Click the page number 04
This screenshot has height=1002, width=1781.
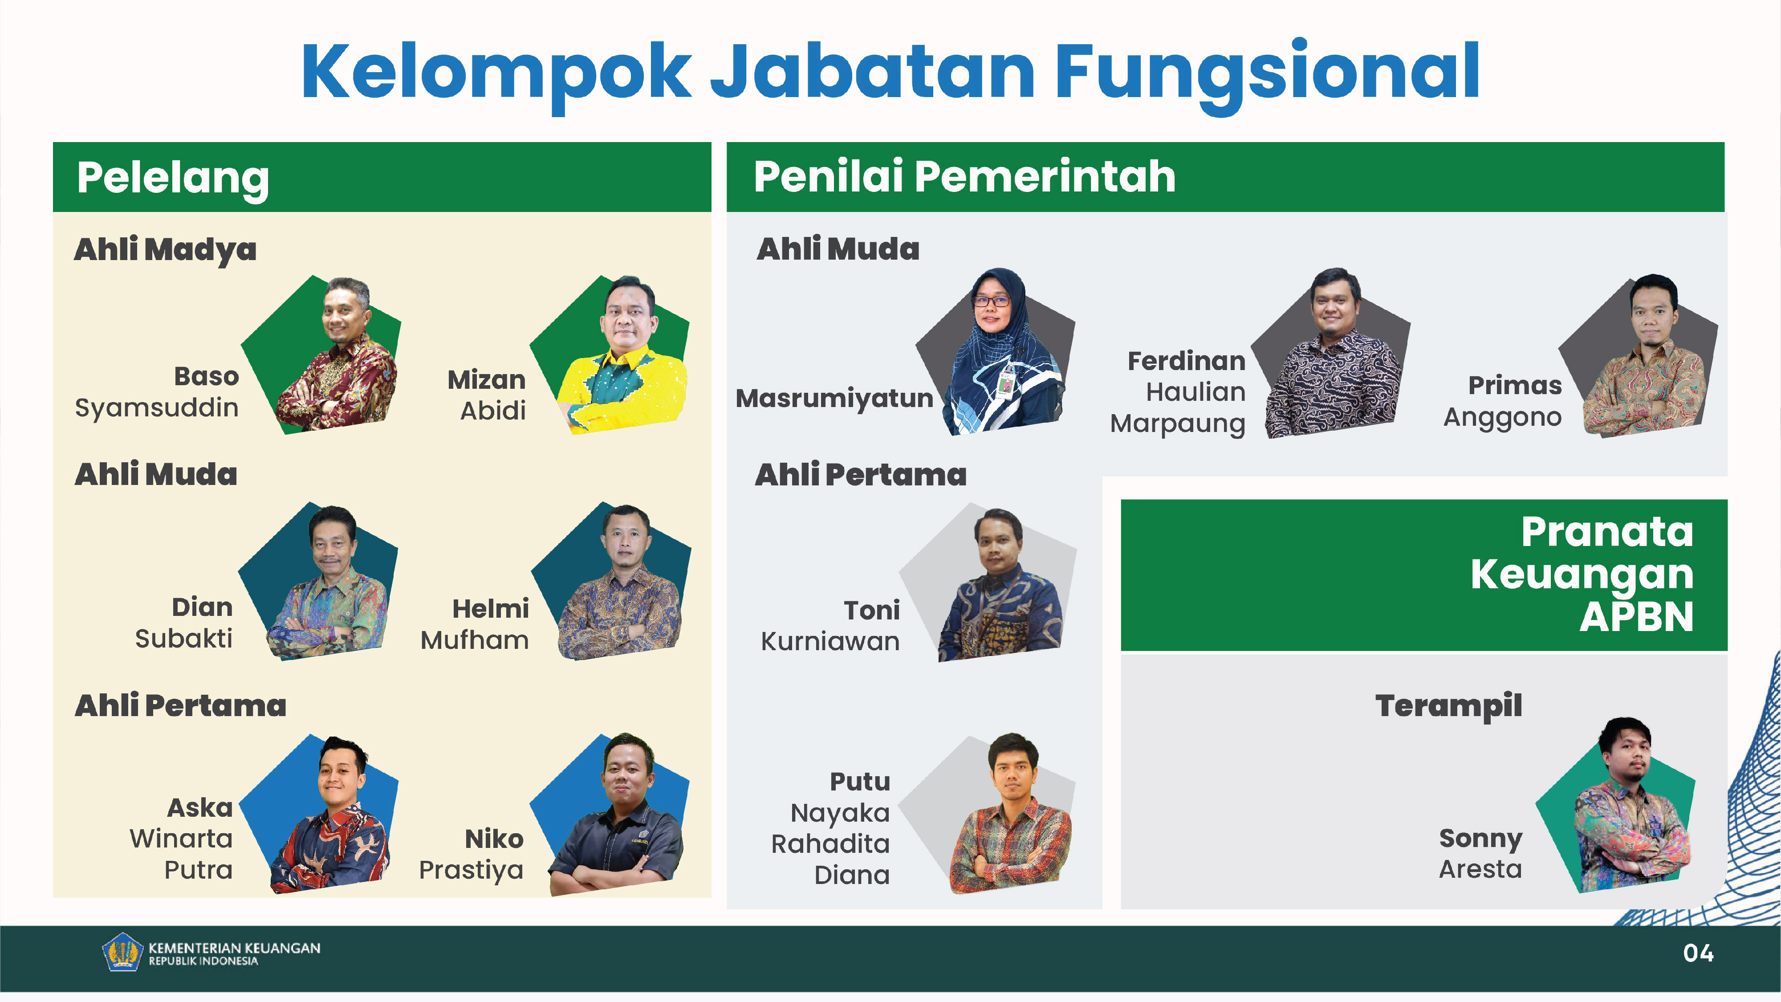click(x=1698, y=953)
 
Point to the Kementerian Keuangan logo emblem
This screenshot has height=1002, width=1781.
click(x=123, y=952)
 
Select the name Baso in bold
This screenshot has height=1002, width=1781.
click(x=206, y=376)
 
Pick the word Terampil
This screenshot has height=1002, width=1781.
click(x=1448, y=706)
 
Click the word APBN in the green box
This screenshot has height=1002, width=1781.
click(x=1636, y=617)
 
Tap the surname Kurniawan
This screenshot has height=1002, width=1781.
click(x=830, y=642)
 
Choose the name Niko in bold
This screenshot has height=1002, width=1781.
click(x=494, y=839)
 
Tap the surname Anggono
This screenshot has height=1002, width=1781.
click(x=1502, y=417)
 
